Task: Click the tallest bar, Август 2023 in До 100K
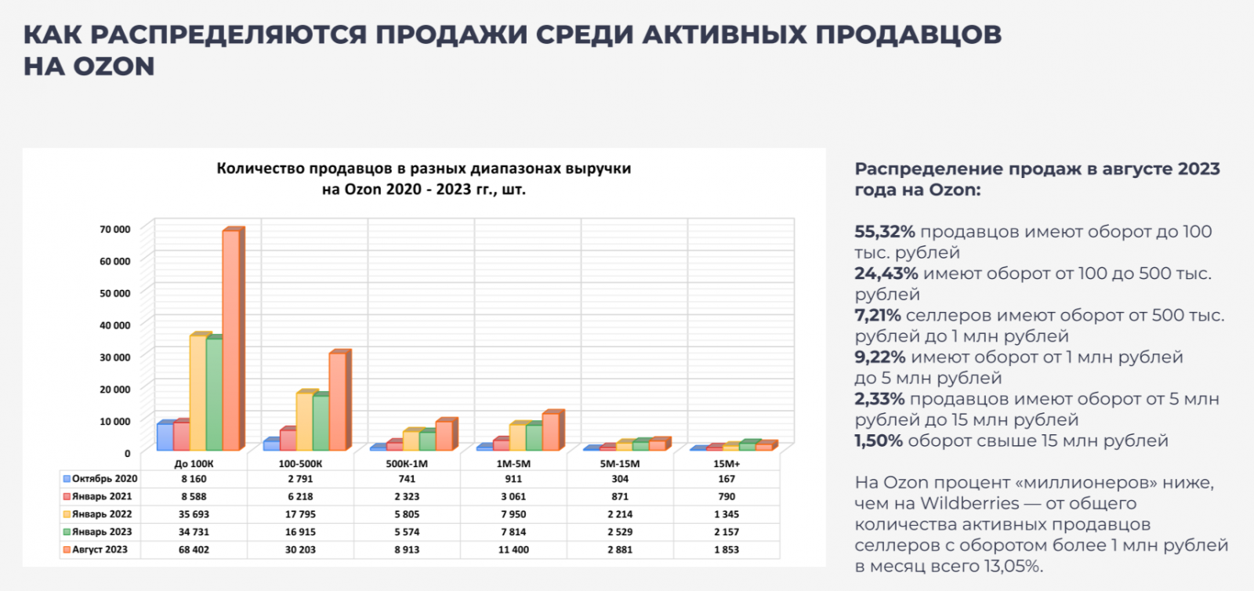point(232,340)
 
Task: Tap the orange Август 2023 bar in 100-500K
point(338,401)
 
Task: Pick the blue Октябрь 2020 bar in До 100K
point(165,437)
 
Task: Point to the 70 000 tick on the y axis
point(114,229)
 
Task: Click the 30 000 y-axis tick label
point(114,357)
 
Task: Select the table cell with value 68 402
point(194,549)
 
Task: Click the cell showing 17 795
point(300,514)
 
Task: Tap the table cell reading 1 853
point(727,549)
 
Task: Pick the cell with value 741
point(407,479)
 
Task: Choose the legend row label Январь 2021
point(102,496)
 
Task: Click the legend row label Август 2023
point(100,549)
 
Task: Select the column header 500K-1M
point(407,463)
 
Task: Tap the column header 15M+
point(727,463)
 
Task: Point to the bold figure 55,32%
point(885,232)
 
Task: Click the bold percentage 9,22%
point(879,357)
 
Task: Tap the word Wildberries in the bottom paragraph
point(969,503)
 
